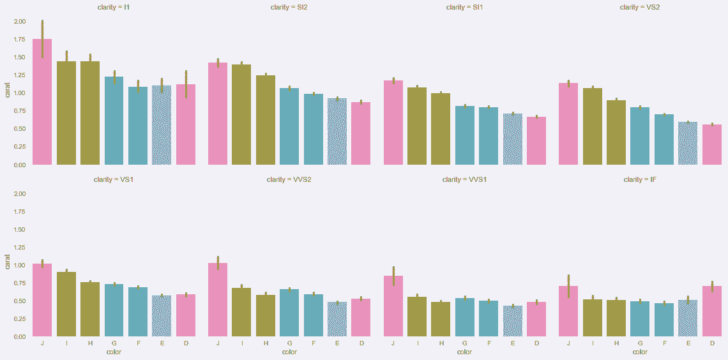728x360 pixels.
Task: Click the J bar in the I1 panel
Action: (42, 102)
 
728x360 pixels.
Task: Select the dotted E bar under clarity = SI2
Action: (337, 131)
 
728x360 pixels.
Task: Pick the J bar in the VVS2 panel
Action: (218, 300)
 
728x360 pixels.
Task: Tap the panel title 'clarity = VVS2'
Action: (289, 179)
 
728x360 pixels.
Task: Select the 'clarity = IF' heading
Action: (640, 179)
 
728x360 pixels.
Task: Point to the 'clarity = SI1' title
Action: (464, 8)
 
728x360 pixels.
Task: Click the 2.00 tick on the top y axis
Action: (19, 22)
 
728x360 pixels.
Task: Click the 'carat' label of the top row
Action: (7, 93)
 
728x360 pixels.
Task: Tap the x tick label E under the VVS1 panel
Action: (513, 343)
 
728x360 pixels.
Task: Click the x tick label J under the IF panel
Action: (568, 343)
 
